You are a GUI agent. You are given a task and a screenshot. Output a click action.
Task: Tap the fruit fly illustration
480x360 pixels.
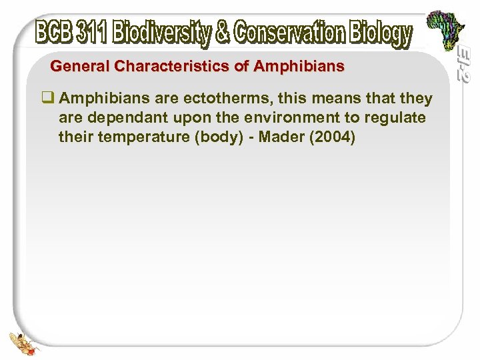(21, 339)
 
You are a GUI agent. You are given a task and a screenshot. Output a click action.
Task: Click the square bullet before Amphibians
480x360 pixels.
(48, 99)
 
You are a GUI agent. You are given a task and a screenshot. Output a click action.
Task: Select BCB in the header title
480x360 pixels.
(54, 33)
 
